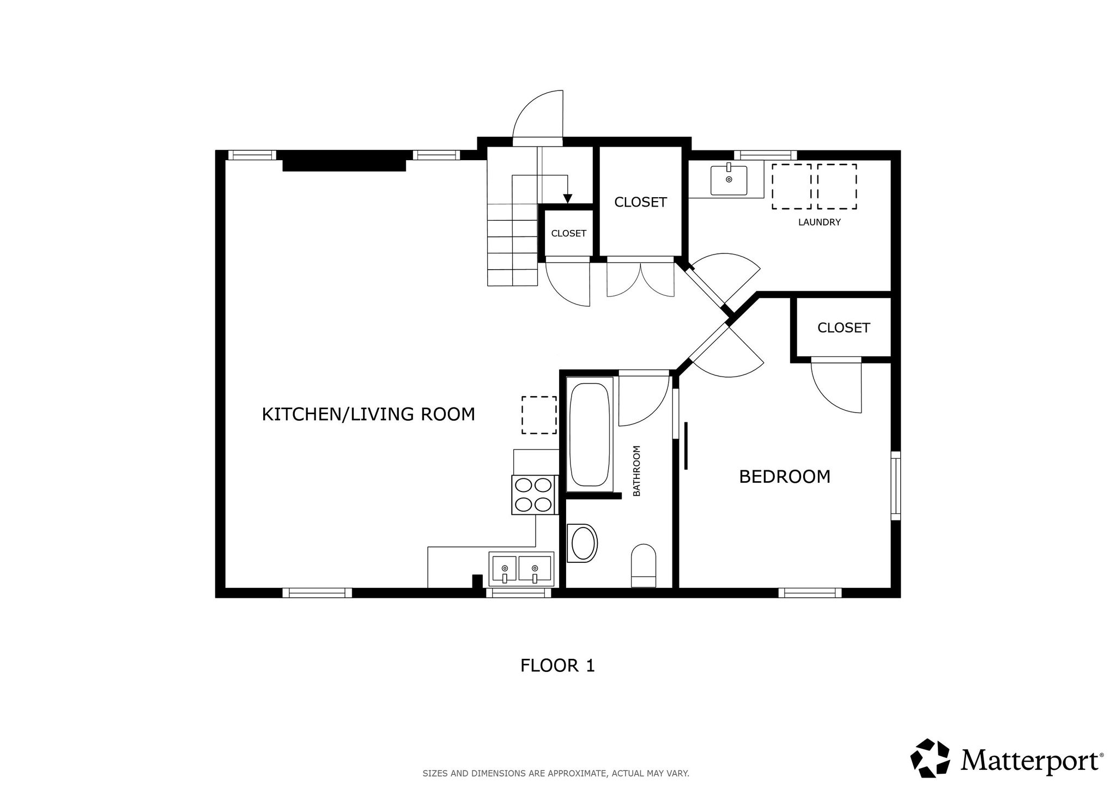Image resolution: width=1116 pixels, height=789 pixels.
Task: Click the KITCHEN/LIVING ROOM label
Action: coord(368,414)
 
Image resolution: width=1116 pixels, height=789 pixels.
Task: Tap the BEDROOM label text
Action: coord(785,477)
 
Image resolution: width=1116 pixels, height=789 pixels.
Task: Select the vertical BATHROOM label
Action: coord(636,471)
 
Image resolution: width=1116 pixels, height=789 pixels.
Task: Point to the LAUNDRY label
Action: coord(819,222)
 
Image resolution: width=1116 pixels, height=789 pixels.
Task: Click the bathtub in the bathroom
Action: coord(589,434)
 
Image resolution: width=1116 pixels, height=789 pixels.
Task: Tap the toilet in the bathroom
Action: coord(644,566)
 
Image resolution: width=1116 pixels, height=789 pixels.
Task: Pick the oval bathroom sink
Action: coord(582,543)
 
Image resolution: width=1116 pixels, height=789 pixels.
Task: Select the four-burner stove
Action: coord(535,495)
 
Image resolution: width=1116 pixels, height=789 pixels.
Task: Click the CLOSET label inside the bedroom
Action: coord(844,327)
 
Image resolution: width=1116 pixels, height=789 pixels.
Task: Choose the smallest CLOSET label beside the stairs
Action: coord(568,233)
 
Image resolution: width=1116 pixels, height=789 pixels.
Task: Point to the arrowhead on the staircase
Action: coord(567,199)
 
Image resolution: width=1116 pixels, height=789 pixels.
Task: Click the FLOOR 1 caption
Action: coord(557,665)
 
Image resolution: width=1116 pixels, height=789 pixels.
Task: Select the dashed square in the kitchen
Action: coord(539,415)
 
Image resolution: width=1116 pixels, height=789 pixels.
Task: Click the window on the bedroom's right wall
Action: coord(895,485)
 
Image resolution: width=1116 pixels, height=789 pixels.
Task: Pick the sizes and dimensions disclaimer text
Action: coord(556,773)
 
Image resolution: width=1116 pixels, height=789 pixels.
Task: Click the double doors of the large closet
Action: coord(641,278)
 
